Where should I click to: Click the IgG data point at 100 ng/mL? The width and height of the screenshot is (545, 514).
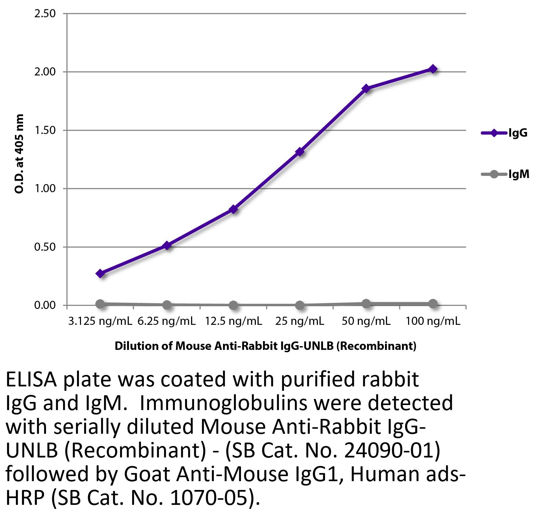point(433,69)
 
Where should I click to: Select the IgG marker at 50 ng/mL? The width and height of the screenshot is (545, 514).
point(366,88)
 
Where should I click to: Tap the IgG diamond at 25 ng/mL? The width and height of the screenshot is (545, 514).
point(300,152)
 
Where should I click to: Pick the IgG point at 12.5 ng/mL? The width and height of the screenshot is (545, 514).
point(233,209)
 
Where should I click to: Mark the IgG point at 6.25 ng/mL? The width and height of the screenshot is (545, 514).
point(167,245)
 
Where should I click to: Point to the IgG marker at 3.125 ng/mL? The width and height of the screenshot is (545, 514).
point(100,273)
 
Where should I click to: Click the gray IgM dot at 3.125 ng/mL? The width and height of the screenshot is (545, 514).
point(100,304)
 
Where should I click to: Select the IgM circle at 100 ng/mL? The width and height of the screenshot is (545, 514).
point(433,304)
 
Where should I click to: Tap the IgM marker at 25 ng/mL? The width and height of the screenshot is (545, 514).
point(300,305)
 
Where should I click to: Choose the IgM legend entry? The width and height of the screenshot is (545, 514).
point(505,175)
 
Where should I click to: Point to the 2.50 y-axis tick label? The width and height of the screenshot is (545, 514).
point(45,14)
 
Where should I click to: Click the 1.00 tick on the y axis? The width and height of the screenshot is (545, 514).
point(45,188)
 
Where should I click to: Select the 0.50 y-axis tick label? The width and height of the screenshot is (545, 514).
point(45,247)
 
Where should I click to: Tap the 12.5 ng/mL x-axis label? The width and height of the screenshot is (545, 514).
point(233,321)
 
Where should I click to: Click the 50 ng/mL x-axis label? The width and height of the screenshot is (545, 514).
point(366,321)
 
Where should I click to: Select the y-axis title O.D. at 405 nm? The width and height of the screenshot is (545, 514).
point(20,154)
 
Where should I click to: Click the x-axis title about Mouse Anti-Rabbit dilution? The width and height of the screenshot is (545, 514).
point(265,346)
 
